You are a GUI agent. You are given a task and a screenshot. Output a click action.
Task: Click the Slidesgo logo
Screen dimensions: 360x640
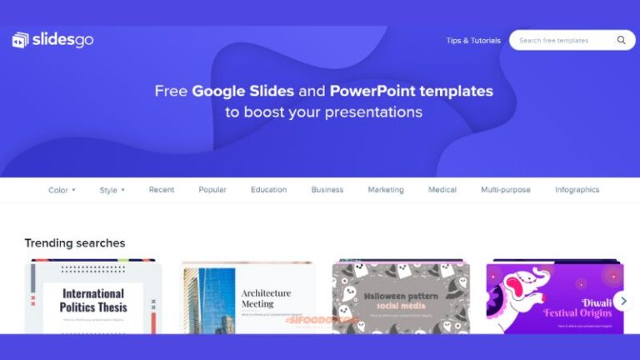(x=52, y=40)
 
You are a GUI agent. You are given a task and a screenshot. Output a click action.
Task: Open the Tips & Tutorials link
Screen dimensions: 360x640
(x=472, y=40)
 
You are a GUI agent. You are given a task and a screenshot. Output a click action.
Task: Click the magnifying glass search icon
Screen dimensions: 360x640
(x=621, y=40)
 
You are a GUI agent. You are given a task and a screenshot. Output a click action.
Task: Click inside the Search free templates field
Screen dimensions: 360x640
(x=558, y=40)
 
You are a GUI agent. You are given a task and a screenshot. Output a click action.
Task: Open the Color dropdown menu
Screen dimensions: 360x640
(x=62, y=190)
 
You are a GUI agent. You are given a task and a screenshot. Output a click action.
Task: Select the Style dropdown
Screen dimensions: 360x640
(x=112, y=190)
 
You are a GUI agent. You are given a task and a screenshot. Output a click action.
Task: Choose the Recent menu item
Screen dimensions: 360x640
(x=162, y=190)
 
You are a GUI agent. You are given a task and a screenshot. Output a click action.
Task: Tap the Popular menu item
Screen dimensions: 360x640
(x=212, y=190)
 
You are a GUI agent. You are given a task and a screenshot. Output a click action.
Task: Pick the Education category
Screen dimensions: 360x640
(x=268, y=190)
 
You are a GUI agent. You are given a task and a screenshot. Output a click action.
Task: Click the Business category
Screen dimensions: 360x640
(x=327, y=190)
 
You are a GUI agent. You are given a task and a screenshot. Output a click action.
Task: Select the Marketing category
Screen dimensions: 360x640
(x=386, y=190)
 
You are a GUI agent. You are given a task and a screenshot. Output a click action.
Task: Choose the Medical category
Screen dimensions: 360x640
(x=442, y=190)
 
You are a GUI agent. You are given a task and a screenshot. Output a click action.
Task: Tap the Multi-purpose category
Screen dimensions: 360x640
(x=505, y=190)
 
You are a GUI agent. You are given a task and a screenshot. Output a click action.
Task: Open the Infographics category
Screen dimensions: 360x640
(x=577, y=190)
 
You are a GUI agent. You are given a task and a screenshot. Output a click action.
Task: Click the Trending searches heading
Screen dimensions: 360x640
(x=75, y=243)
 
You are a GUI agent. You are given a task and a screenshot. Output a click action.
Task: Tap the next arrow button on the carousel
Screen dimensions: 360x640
(x=623, y=301)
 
